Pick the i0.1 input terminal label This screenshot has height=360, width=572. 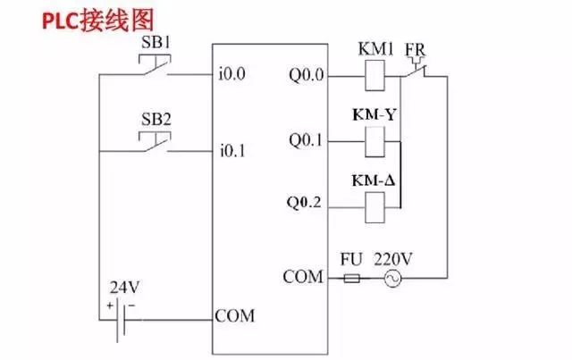pos(231,151)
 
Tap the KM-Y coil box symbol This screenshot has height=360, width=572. pos(375,140)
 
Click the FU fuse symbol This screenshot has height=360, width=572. pos(353,279)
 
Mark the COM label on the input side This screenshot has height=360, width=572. pos(235,316)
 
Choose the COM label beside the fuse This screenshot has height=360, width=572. pos(302,277)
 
